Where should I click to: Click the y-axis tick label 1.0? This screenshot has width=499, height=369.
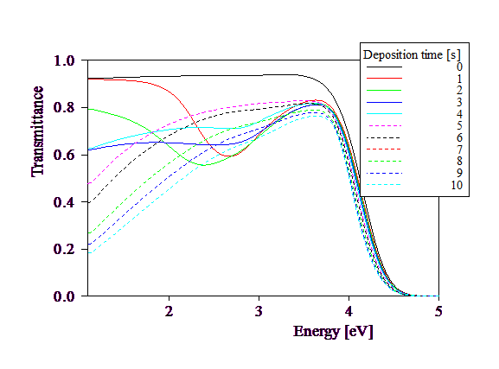(x=64, y=60)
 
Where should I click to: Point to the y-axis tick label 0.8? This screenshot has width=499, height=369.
(x=64, y=107)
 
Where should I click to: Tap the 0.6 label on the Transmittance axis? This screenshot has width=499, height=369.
(x=64, y=155)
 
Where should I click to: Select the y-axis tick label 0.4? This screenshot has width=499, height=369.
(x=64, y=202)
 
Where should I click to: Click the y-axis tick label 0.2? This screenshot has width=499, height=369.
(x=64, y=249)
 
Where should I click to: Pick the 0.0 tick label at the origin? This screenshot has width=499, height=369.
(x=64, y=296)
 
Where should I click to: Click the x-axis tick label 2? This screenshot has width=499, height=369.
(x=169, y=311)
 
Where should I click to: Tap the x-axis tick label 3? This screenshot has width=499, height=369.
(x=259, y=311)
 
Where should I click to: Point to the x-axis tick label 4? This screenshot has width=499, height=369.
(x=349, y=311)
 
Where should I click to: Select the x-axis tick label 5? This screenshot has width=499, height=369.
(x=438, y=311)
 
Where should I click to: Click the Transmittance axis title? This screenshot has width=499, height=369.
(x=37, y=131)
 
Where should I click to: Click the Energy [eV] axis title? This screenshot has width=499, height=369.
(x=333, y=332)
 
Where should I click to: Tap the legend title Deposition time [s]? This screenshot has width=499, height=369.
(x=412, y=54)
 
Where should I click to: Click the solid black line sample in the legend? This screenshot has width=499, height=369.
(x=385, y=67)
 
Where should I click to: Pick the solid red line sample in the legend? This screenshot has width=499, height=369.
(x=385, y=79)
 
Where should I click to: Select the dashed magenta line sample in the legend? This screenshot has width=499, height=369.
(x=385, y=126)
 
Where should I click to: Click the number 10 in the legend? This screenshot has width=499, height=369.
(x=457, y=185)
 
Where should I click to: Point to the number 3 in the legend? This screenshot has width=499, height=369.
(x=459, y=102)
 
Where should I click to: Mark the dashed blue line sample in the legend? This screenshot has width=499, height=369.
(x=385, y=174)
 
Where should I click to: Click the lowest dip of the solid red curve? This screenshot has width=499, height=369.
(x=228, y=156)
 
